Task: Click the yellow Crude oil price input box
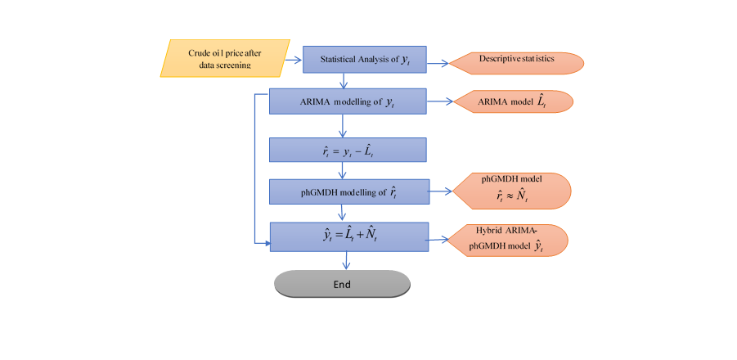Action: tap(226, 58)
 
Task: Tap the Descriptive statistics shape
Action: tap(515, 60)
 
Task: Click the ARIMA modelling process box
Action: tap(347, 102)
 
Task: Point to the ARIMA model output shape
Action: tap(514, 101)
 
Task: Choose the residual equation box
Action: tap(347, 150)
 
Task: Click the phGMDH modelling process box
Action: tap(347, 192)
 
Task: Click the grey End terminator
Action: tap(341, 284)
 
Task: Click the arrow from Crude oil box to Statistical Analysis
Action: tap(293, 59)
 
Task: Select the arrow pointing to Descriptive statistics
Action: tap(438, 61)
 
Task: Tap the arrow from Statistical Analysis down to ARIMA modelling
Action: tap(346, 80)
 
